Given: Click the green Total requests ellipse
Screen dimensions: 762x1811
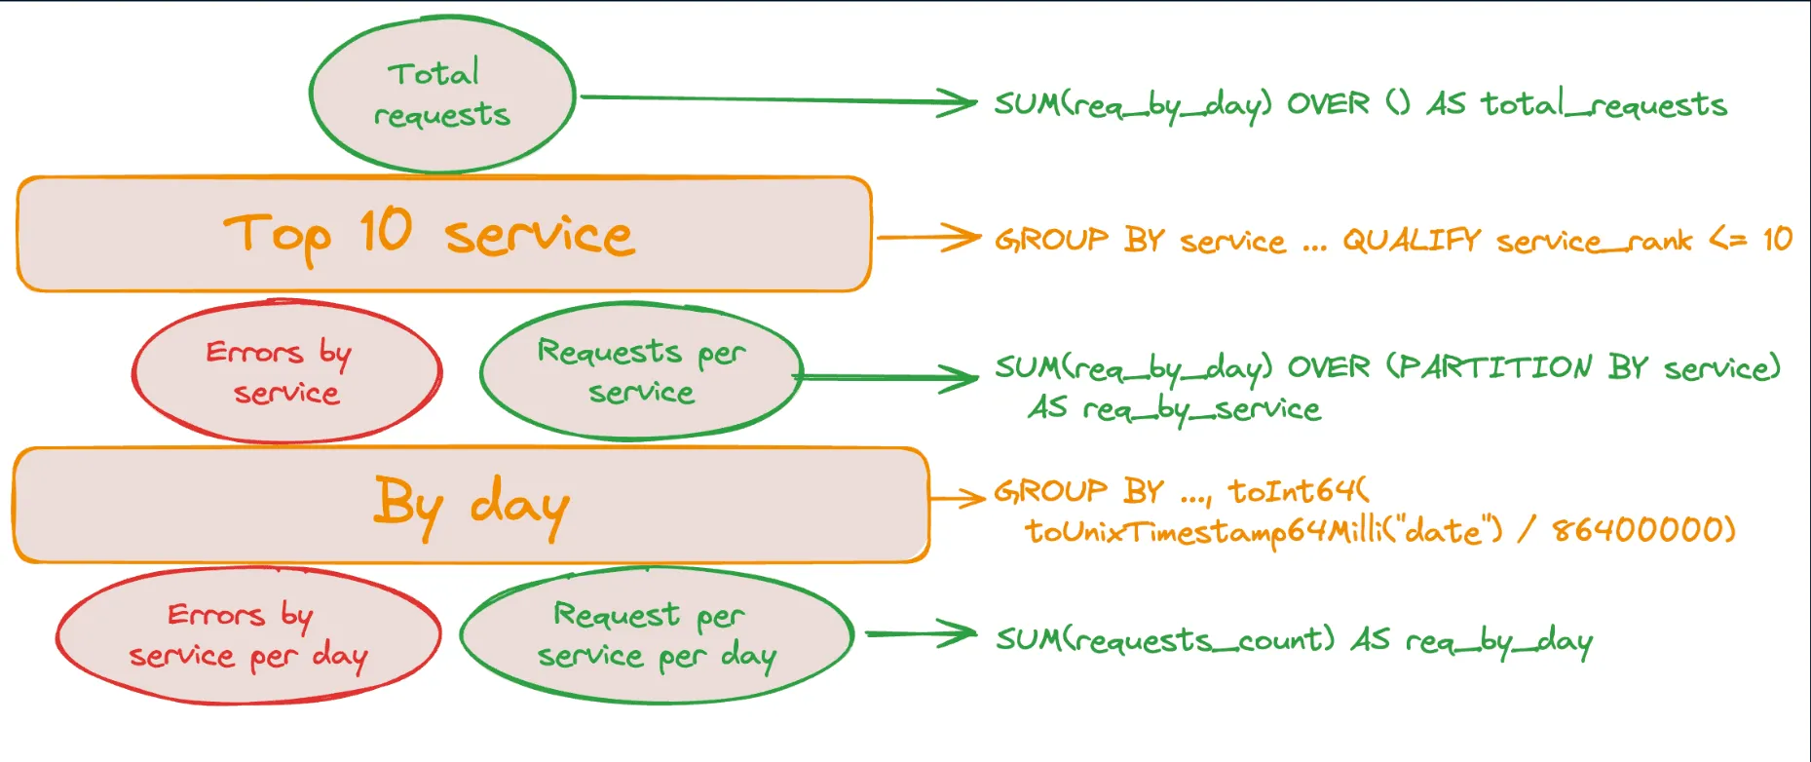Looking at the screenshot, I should pyautogui.click(x=441, y=95).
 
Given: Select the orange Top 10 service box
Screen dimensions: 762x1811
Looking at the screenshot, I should pyautogui.click(x=443, y=235).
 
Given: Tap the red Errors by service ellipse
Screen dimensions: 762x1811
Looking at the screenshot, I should pyautogui.click(x=286, y=371).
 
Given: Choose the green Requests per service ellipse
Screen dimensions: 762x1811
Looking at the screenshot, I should pyautogui.click(x=640, y=371).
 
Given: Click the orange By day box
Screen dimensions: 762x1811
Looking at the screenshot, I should pyautogui.click(x=471, y=506).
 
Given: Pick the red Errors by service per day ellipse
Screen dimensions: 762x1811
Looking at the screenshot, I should pyautogui.click(x=247, y=635).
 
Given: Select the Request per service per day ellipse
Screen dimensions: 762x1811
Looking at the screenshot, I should pyautogui.click(x=656, y=635).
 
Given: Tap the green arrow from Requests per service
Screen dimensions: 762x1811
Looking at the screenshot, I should pyautogui.click(x=887, y=377).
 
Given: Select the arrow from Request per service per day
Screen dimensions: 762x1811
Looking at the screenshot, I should pyautogui.click(x=921, y=634).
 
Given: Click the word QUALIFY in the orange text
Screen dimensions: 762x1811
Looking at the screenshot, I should pyautogui.click(x=1412, y=240).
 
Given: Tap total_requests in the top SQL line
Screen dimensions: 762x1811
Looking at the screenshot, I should pyautogui.click(x=1603, y=103).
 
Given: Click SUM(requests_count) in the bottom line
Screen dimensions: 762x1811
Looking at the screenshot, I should pyautogui.click(x=1164, y=639).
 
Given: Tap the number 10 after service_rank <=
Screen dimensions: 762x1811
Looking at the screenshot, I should pyautogui.click(x=1777, y=239).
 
